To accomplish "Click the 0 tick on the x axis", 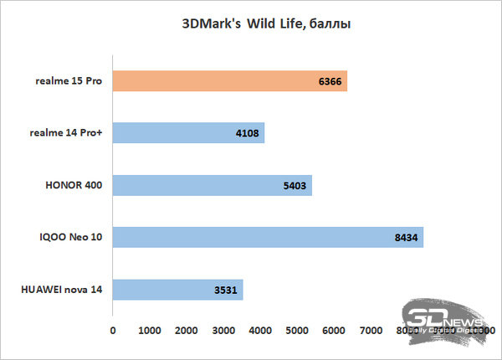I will (113, 332).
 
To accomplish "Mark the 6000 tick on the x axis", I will (333, 332).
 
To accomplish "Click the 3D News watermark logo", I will (443, 322).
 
